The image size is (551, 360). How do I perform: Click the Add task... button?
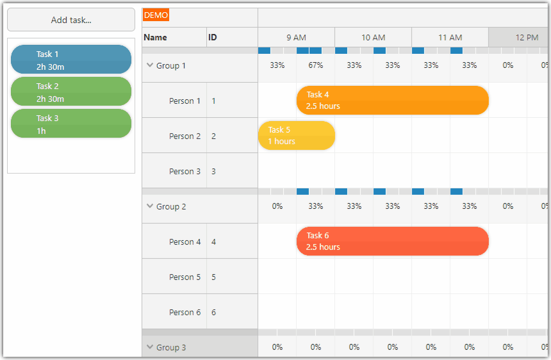coord(71,20)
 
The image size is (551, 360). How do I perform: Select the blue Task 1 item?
coord(71,60)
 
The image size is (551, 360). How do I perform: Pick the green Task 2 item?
coord(71,92)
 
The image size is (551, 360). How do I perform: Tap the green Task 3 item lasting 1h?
coord(71,124)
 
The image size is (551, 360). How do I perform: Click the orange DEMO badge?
coord(156,15)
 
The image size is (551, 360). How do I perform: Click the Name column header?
coord(156,38)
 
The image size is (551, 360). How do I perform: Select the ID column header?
coord(213,38)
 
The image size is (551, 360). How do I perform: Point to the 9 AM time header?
coord(296,38)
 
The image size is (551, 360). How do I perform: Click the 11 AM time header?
coord(450,38)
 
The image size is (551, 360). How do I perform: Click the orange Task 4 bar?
coord(392,101)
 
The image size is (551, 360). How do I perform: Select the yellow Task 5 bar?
coord(296,136)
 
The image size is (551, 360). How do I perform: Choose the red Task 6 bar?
coord(392,241)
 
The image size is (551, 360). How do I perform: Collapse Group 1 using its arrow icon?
coord(150,65)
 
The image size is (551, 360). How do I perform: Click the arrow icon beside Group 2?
coord(150,206)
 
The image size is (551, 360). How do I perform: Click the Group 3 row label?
coord(171,347)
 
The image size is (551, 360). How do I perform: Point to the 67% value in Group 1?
coord(315,65)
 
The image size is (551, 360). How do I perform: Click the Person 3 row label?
coord(185,171)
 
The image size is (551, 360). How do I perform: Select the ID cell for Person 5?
coord(213,277)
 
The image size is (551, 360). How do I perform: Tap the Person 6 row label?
coord(185,313)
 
